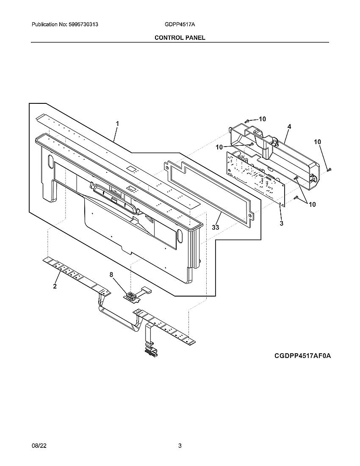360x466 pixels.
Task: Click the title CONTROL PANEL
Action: pos(180,38)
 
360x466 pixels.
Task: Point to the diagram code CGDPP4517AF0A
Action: pos(302,356)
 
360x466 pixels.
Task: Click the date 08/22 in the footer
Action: pos(38,446)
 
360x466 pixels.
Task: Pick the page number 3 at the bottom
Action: pos(180,446)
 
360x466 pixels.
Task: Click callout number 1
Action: pos(117,124)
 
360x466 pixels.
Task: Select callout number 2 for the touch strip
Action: pos(55,286)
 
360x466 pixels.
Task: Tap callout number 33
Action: pos(216,227)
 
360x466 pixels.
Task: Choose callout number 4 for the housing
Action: pos(289,126)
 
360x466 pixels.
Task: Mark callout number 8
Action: pos(111,275)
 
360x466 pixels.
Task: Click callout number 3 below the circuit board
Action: pos(281,223)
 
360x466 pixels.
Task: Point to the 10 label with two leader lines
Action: pos(312,204)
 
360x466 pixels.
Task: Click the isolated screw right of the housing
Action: pos(329,169)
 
